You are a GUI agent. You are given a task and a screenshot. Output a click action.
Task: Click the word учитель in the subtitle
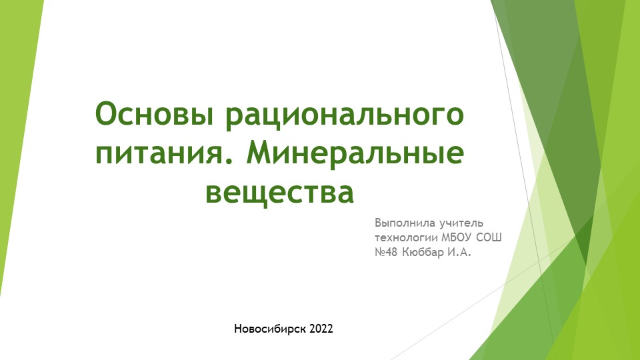click(x=459, y=222)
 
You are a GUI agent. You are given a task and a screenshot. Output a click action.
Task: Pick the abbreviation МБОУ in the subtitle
click(x=459, y=237)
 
